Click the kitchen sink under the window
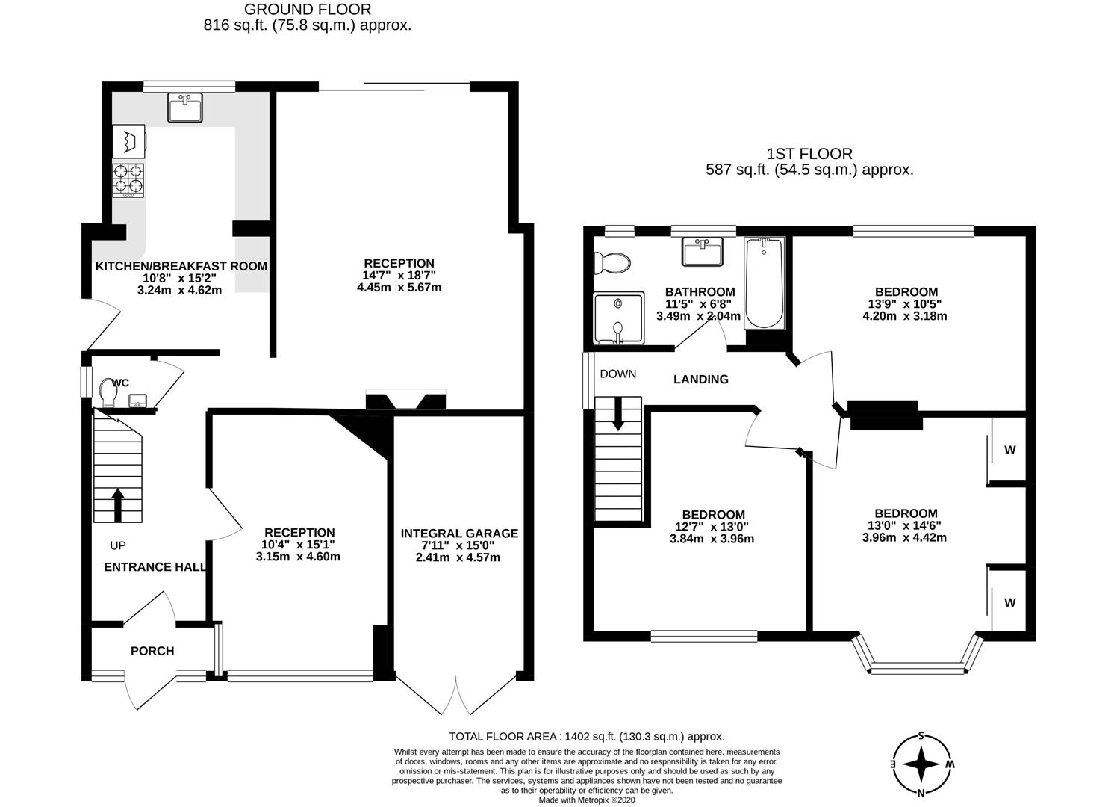[184, 108]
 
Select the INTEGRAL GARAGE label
[459, 533]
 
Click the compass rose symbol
[922, 765]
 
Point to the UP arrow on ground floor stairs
[117, 505]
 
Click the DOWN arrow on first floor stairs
[618, 413]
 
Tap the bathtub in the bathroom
[765, 283]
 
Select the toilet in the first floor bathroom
[612, 263]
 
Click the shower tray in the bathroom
[618, 318]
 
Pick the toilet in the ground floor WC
[105, 393]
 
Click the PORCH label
[152, 651]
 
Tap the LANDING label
[700, 380]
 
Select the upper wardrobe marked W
[1009, 450]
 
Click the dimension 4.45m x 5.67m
[399, 287]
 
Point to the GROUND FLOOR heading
[308, 10]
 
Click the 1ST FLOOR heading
[809, 154]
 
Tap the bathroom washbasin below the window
[702, 252]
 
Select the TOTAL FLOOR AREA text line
[586, 736]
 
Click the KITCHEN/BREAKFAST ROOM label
[181, 266]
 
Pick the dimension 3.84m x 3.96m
[713, 538]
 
